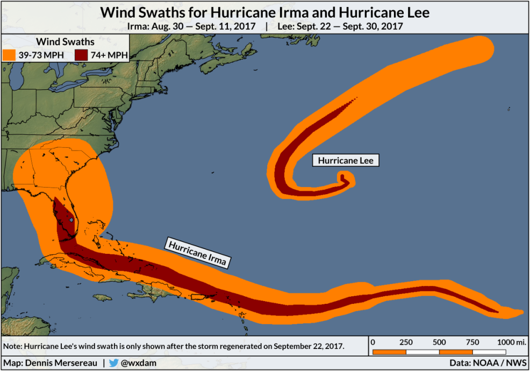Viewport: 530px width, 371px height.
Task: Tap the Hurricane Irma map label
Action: (x=198, y=252)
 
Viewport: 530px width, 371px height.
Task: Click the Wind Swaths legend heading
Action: (x=65, y=41)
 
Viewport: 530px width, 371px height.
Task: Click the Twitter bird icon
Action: (x=113, y=363)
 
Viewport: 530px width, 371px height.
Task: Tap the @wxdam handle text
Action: (x=138, y=363)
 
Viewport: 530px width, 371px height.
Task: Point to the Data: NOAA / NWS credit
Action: (x=488, y=363)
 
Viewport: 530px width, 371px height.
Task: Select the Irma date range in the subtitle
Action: (x=191, y=26)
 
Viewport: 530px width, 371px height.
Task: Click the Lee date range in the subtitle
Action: (x=339, y=26)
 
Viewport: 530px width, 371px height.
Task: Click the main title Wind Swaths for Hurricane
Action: (x=265, y=12)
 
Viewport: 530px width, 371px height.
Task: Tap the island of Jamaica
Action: (x=106, y=297)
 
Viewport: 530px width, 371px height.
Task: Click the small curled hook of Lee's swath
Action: (x=345, y=179)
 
